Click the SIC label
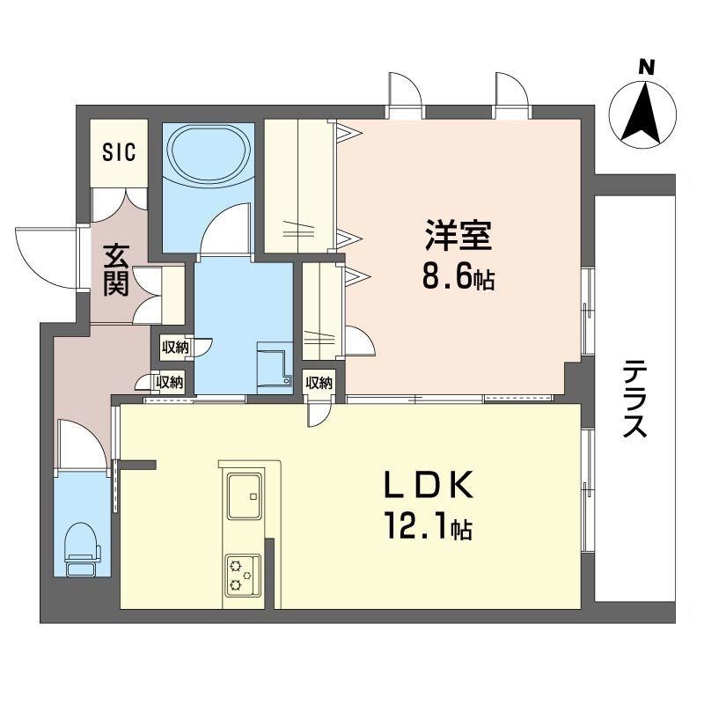[x=119, y=151]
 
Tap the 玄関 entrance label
[x=117, y=270]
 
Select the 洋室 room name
[x=458, y=235]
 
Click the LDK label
[x=429, y=485]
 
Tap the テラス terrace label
[x=634, y=399]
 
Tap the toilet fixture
[x=83, y=548]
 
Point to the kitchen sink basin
[x=245, y=496]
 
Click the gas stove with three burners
[x=243, y=576]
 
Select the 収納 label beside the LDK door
[x=319, y=383]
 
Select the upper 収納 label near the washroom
[x=175, y=347]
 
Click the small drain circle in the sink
[x=253, y=496]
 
